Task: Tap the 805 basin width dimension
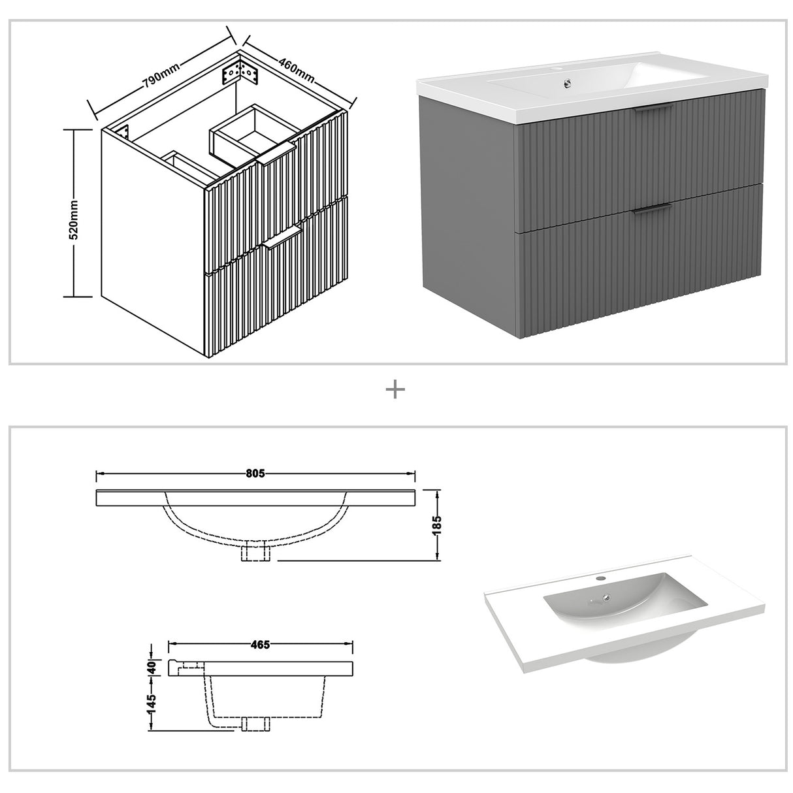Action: pyautogui.click(x=255, y=474)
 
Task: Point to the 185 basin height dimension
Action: pyautogui.click(x=437, y=524)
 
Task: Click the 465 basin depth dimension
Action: pyautogui.click(x=260, y=645)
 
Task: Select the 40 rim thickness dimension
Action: pyautogui.click(x=152, y=668)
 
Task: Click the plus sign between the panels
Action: pyautogui.click(x=396, y=390)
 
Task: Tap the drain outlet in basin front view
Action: pyautogui.click(x=255, y=553)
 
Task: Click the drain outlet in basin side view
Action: pyautogui.click(x=255, y=724)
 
